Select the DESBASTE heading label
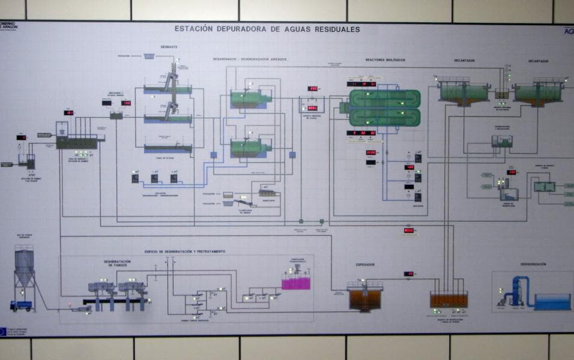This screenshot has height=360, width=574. coord(169,47)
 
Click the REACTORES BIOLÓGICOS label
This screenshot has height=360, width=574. coord(385,60)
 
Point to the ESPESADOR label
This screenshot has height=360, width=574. coord(364,263)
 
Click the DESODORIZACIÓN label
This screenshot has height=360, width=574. coord(533,264)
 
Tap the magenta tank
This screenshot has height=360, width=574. coord(296,281)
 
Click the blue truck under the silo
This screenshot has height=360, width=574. coord(21,305)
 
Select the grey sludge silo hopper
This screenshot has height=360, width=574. coord(24,268)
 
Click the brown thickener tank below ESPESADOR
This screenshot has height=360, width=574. coord(365,298)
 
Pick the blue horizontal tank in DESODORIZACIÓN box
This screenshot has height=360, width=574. coord(552,302)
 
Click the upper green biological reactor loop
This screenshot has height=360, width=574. coord(385,98)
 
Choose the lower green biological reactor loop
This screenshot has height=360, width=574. coord(385,116)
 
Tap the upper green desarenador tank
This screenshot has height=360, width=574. coord(249,98)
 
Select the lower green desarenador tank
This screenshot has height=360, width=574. coord(249,148)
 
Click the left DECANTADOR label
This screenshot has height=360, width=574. coord(464,61)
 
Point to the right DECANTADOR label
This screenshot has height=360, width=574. coord(538,61)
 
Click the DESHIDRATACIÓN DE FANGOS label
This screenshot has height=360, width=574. coord(117,263)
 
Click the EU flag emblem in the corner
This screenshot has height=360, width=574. coord(4,331)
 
